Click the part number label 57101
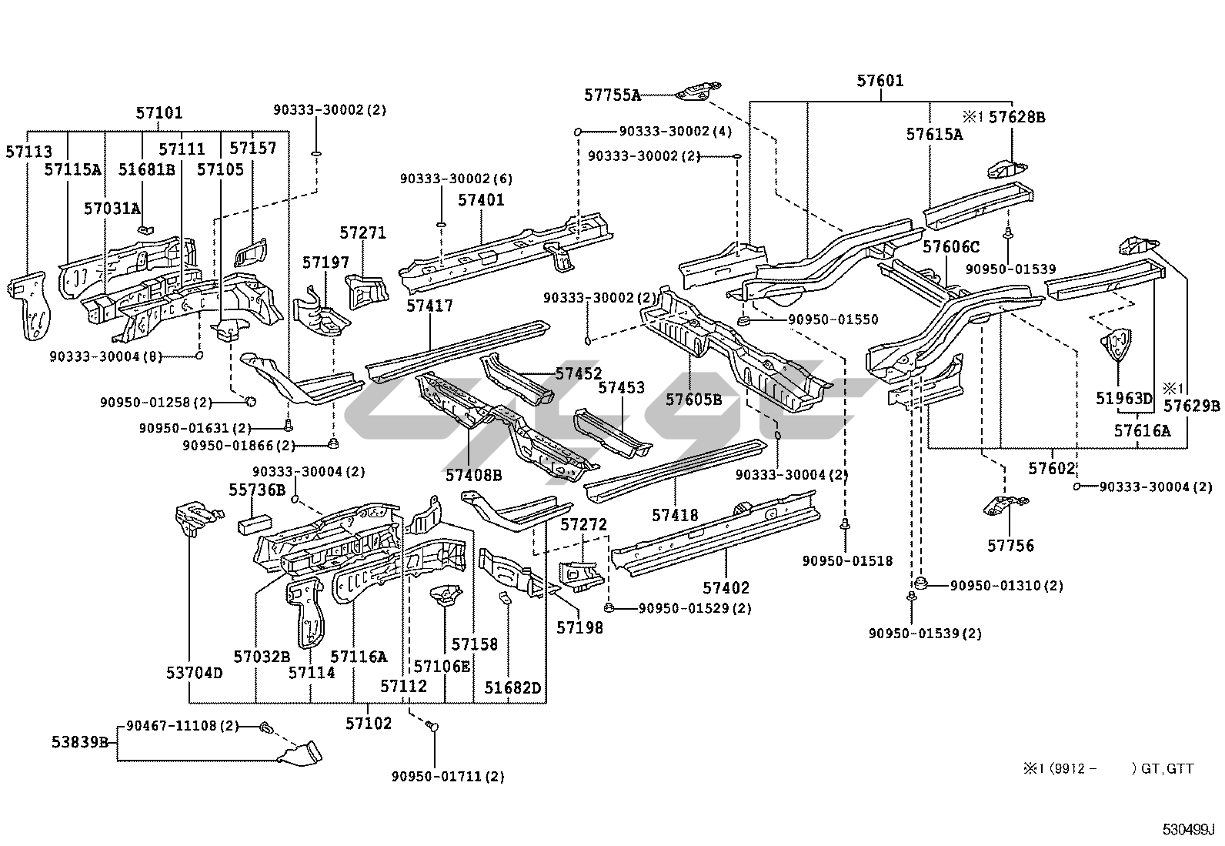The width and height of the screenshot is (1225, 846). [x=159, y=112]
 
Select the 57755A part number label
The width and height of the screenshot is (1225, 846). [x=612, y=95]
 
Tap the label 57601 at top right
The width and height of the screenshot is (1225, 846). [x=880, y=81]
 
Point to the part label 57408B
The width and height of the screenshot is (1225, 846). [x=473, y=475]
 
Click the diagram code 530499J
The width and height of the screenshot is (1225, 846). [x=1187, y=830]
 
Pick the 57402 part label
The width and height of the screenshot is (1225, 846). [x=725, y=588]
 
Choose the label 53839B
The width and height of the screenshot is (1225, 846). [x=79, y=742]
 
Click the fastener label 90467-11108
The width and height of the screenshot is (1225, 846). [x=182, y=725]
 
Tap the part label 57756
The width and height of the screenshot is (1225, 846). [x=1010, y=546]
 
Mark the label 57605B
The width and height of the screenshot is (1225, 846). [x=693, y=400]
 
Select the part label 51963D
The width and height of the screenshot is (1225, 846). [x=1124, y=398]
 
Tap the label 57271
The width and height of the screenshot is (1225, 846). [x=362, y=233]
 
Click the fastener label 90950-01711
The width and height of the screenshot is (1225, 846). [x=448, y=776]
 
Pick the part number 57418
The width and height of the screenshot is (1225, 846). [x=675, y=515]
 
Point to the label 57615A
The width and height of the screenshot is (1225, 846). [x=933, y=135]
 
